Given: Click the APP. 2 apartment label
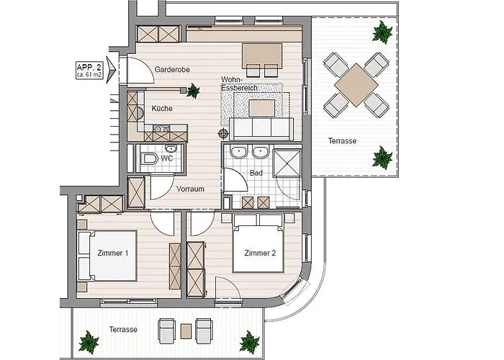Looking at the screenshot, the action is [x=89, y=71].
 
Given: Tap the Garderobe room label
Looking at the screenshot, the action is [x=172, y=69].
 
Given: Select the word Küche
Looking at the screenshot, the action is [x=162, y=108].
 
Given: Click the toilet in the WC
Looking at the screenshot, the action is [x=150, y=158].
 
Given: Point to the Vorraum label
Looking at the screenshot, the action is [x=190, y=189].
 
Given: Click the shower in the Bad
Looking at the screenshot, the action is [x=287, y=163].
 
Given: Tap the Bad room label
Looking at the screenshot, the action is [x=256, y=173].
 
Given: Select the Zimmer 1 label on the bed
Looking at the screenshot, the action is [x=112, y=253].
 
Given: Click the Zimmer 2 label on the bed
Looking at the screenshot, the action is [x=260, y=253].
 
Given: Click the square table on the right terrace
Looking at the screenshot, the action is [x=356, y=85].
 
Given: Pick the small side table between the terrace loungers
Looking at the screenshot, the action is [x=186, y=331].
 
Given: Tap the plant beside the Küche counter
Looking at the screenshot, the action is [x=193, y=91].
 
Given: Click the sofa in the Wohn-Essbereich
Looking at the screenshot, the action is [x=261, y=129].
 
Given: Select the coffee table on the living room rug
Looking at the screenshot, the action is [x=262, y=108].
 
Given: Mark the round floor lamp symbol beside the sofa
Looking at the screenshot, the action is [x=223, y=132].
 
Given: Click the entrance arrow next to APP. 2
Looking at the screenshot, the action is [x=111, y=69].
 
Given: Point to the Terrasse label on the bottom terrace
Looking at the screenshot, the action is [x=123, y=330].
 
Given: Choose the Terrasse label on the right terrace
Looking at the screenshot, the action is [x=342, y=141].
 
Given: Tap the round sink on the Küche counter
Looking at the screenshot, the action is [x=140, y=114].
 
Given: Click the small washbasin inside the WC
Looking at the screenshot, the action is [x=171, y=148].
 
